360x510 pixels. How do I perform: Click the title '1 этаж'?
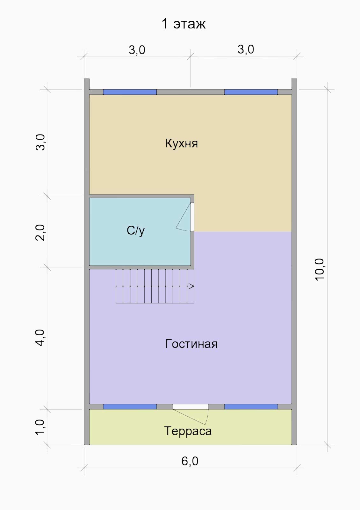click(x=184, y=24)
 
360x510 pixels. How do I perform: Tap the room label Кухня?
click(x=181, y=143)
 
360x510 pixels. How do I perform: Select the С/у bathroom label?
click(x=136, y=231)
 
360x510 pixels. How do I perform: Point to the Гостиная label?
click(x=191, y=344)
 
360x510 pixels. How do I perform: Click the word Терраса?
click(x=188, y=431)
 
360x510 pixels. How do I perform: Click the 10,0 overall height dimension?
click(x=320, y=269)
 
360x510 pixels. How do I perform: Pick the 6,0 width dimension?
click(x=190, y=461)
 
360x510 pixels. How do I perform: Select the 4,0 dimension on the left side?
click(x=40, y=338)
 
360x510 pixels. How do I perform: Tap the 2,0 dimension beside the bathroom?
click(x=40, y=233)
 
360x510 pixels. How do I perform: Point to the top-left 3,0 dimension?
click(x=137, y=50)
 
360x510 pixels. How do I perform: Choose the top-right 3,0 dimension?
click(x=246, y=49)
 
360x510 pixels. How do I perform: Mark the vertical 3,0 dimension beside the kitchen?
click(x=40, y=142)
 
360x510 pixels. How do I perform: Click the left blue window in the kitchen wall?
click(x=130, y=92)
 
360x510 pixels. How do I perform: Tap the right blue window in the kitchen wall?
click(x=251, y=92)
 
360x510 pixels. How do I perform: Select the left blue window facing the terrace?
click(x=130, y=407)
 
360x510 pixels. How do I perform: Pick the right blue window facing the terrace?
click(x=251, y=407)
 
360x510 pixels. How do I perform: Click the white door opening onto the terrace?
click(x=191, y=407)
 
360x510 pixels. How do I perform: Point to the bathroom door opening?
click(x=192, y=217)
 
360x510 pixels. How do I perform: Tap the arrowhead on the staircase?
click(x=191, y=286)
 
